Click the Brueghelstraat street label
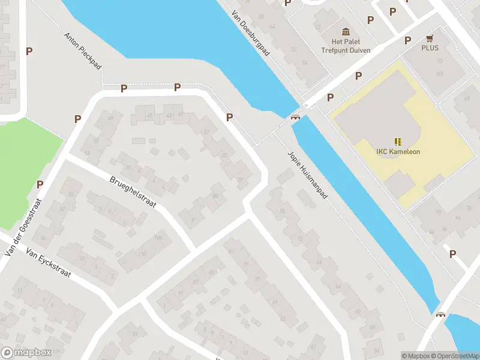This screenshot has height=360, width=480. [x=133, y=191]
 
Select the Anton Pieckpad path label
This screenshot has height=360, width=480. [x=83, y=50]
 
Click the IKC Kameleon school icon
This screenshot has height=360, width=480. [x=398, y=142]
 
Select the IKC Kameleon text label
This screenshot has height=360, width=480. [x=398, y=152]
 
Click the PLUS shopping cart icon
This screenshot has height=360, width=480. [x=430, y=37]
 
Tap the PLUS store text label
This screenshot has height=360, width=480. [x=430, y=47]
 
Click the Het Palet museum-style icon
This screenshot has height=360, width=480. [x=346, y=31]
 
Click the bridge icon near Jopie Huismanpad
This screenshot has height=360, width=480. [x=295, y=116]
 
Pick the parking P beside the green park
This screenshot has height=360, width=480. [x=40, y=184]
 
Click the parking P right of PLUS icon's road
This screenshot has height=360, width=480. [x=407, y=40]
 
